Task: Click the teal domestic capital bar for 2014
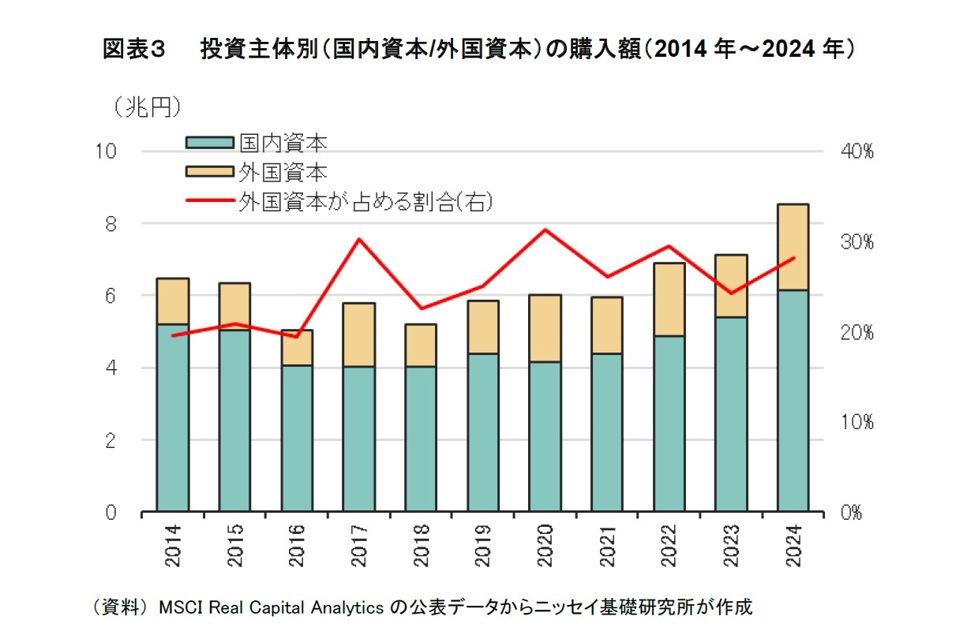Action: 173,418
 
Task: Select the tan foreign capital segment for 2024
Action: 793,247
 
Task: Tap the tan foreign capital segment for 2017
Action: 359,334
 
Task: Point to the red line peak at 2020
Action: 545,230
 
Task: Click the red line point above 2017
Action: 359,238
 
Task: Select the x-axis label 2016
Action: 297,546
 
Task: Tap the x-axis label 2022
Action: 669,546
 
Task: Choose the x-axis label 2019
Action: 483,546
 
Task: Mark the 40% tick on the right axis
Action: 856,151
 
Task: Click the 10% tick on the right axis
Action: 856,423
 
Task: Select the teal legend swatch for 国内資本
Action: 209,143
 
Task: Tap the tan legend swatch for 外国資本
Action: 209,172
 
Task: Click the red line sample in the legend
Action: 209,201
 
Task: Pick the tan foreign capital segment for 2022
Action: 669,299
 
